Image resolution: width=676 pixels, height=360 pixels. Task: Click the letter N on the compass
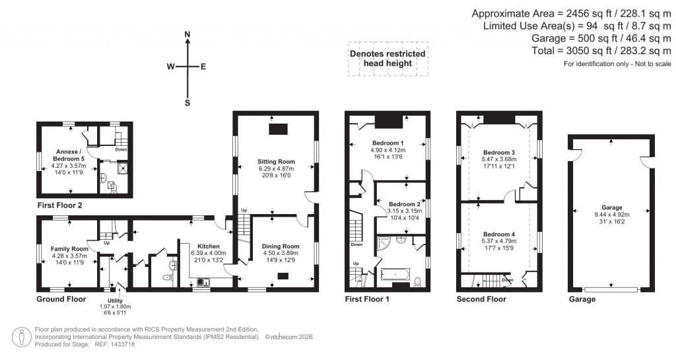(x=187, y=34)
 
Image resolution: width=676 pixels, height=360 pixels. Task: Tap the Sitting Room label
(x=276, y=162)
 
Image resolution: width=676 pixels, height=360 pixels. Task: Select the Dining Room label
(x=282, y=246)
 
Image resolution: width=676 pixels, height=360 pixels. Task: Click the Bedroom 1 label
(x=388, y=143)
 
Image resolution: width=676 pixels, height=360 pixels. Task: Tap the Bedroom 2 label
(x=403, y=205)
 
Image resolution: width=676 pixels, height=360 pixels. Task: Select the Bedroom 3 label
(x=499, y=153)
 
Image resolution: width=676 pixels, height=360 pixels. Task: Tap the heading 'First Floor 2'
(x=60, y=205)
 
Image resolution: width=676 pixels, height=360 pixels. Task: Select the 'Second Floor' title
(x=481, y=299)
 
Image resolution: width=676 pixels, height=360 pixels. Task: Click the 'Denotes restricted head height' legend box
(x=388, y=59)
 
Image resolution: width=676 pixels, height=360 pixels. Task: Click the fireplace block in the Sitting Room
(x=276, y=129)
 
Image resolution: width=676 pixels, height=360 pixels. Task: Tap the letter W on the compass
(x=170, y=67)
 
